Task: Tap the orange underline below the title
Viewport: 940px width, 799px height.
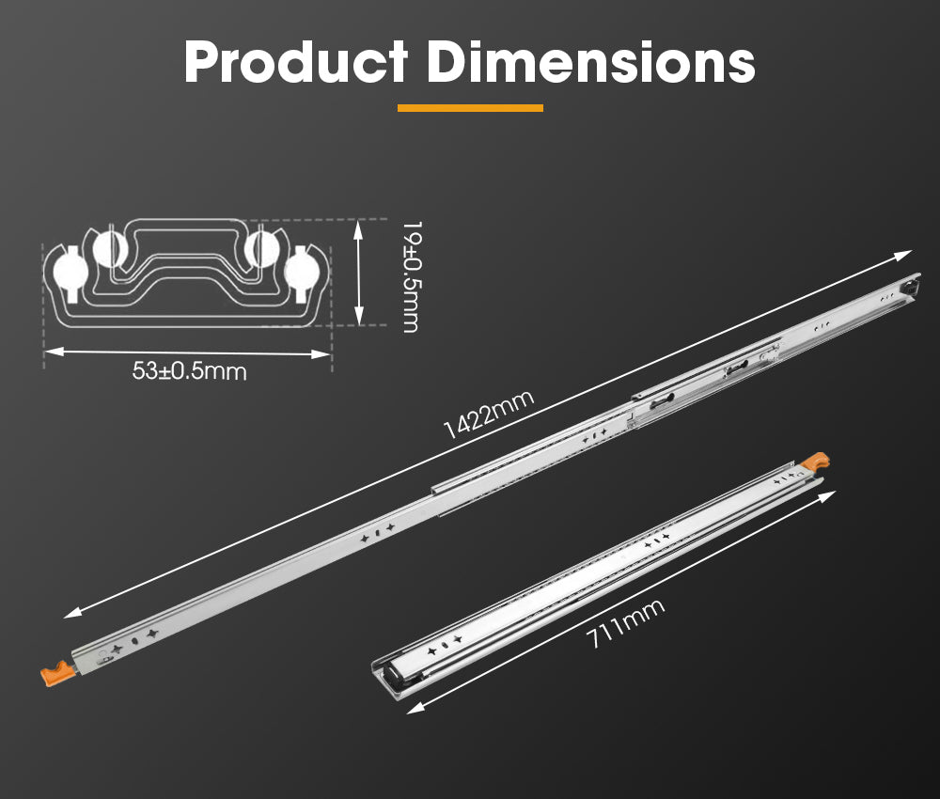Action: (470, 108)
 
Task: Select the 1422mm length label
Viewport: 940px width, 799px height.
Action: (488, 414)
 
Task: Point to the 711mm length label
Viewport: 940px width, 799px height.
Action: (625, 624)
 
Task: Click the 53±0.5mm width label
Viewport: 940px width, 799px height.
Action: (189, 371)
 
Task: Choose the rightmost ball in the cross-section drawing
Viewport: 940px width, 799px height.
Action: (302, 271)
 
